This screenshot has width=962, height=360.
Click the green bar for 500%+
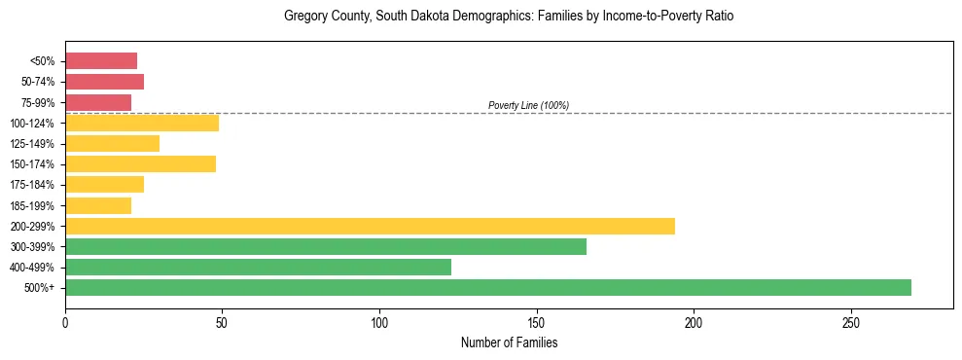pyautogui.click(x=488, y=287)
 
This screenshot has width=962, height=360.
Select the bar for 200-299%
pyautogui.click(x=370, y=226)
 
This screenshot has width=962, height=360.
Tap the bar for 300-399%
pyautogui.click(x=326, y=246)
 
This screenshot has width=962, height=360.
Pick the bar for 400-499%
pyautogui.click(x=258, y=267)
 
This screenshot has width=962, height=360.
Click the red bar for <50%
pyautogui.click(x=101, y=60)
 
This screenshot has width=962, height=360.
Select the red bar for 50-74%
pyautogui.click(x=104, y=81)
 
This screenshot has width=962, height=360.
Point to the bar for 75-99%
pyautogui.click(x=98, y=102)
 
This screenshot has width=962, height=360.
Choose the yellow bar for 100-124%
pyautogui.click(x=142, y=123)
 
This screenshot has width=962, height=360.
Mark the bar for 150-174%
pyautogui.click(x=140, y=163)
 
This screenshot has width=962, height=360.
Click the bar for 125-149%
pyautogui.click(x=112, y=143)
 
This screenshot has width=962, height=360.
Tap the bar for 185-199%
pyautogui.click(x=98, y=205)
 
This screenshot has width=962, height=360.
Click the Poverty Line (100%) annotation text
pyautogui.click(x=528, y=105)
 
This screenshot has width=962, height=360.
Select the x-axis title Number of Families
pyautogui.click(x=509, y=342)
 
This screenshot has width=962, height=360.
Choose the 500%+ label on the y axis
pyautogui.click(x=41, y=288)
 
